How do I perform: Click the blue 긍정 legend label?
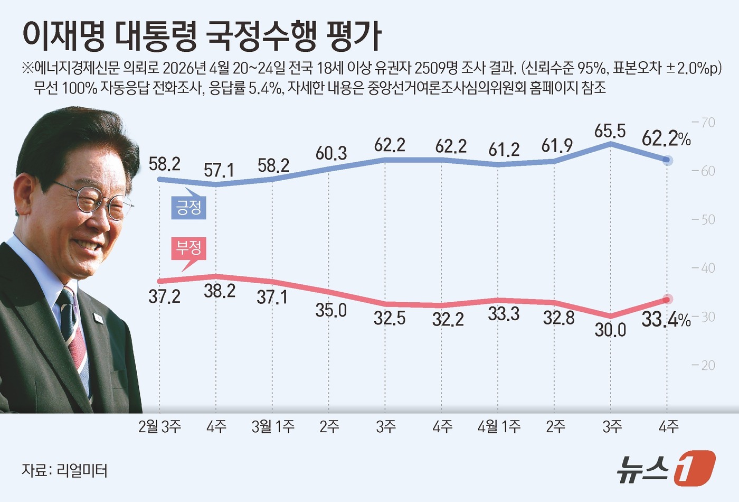(188, 207)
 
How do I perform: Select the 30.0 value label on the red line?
(610, 330)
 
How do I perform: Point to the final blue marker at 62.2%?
(667, 160)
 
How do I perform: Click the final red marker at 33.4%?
(667, 300)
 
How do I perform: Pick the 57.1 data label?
(219, 170)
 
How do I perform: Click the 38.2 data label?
(220, 291)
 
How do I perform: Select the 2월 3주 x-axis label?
(159, 426)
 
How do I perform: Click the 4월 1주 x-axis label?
(499, 426)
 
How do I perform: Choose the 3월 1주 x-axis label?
(273, 426)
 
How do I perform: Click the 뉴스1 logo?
(666, 468)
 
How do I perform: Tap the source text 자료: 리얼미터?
(64, 470)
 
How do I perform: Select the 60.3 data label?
(331, 153)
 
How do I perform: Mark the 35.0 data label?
(331, 310)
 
